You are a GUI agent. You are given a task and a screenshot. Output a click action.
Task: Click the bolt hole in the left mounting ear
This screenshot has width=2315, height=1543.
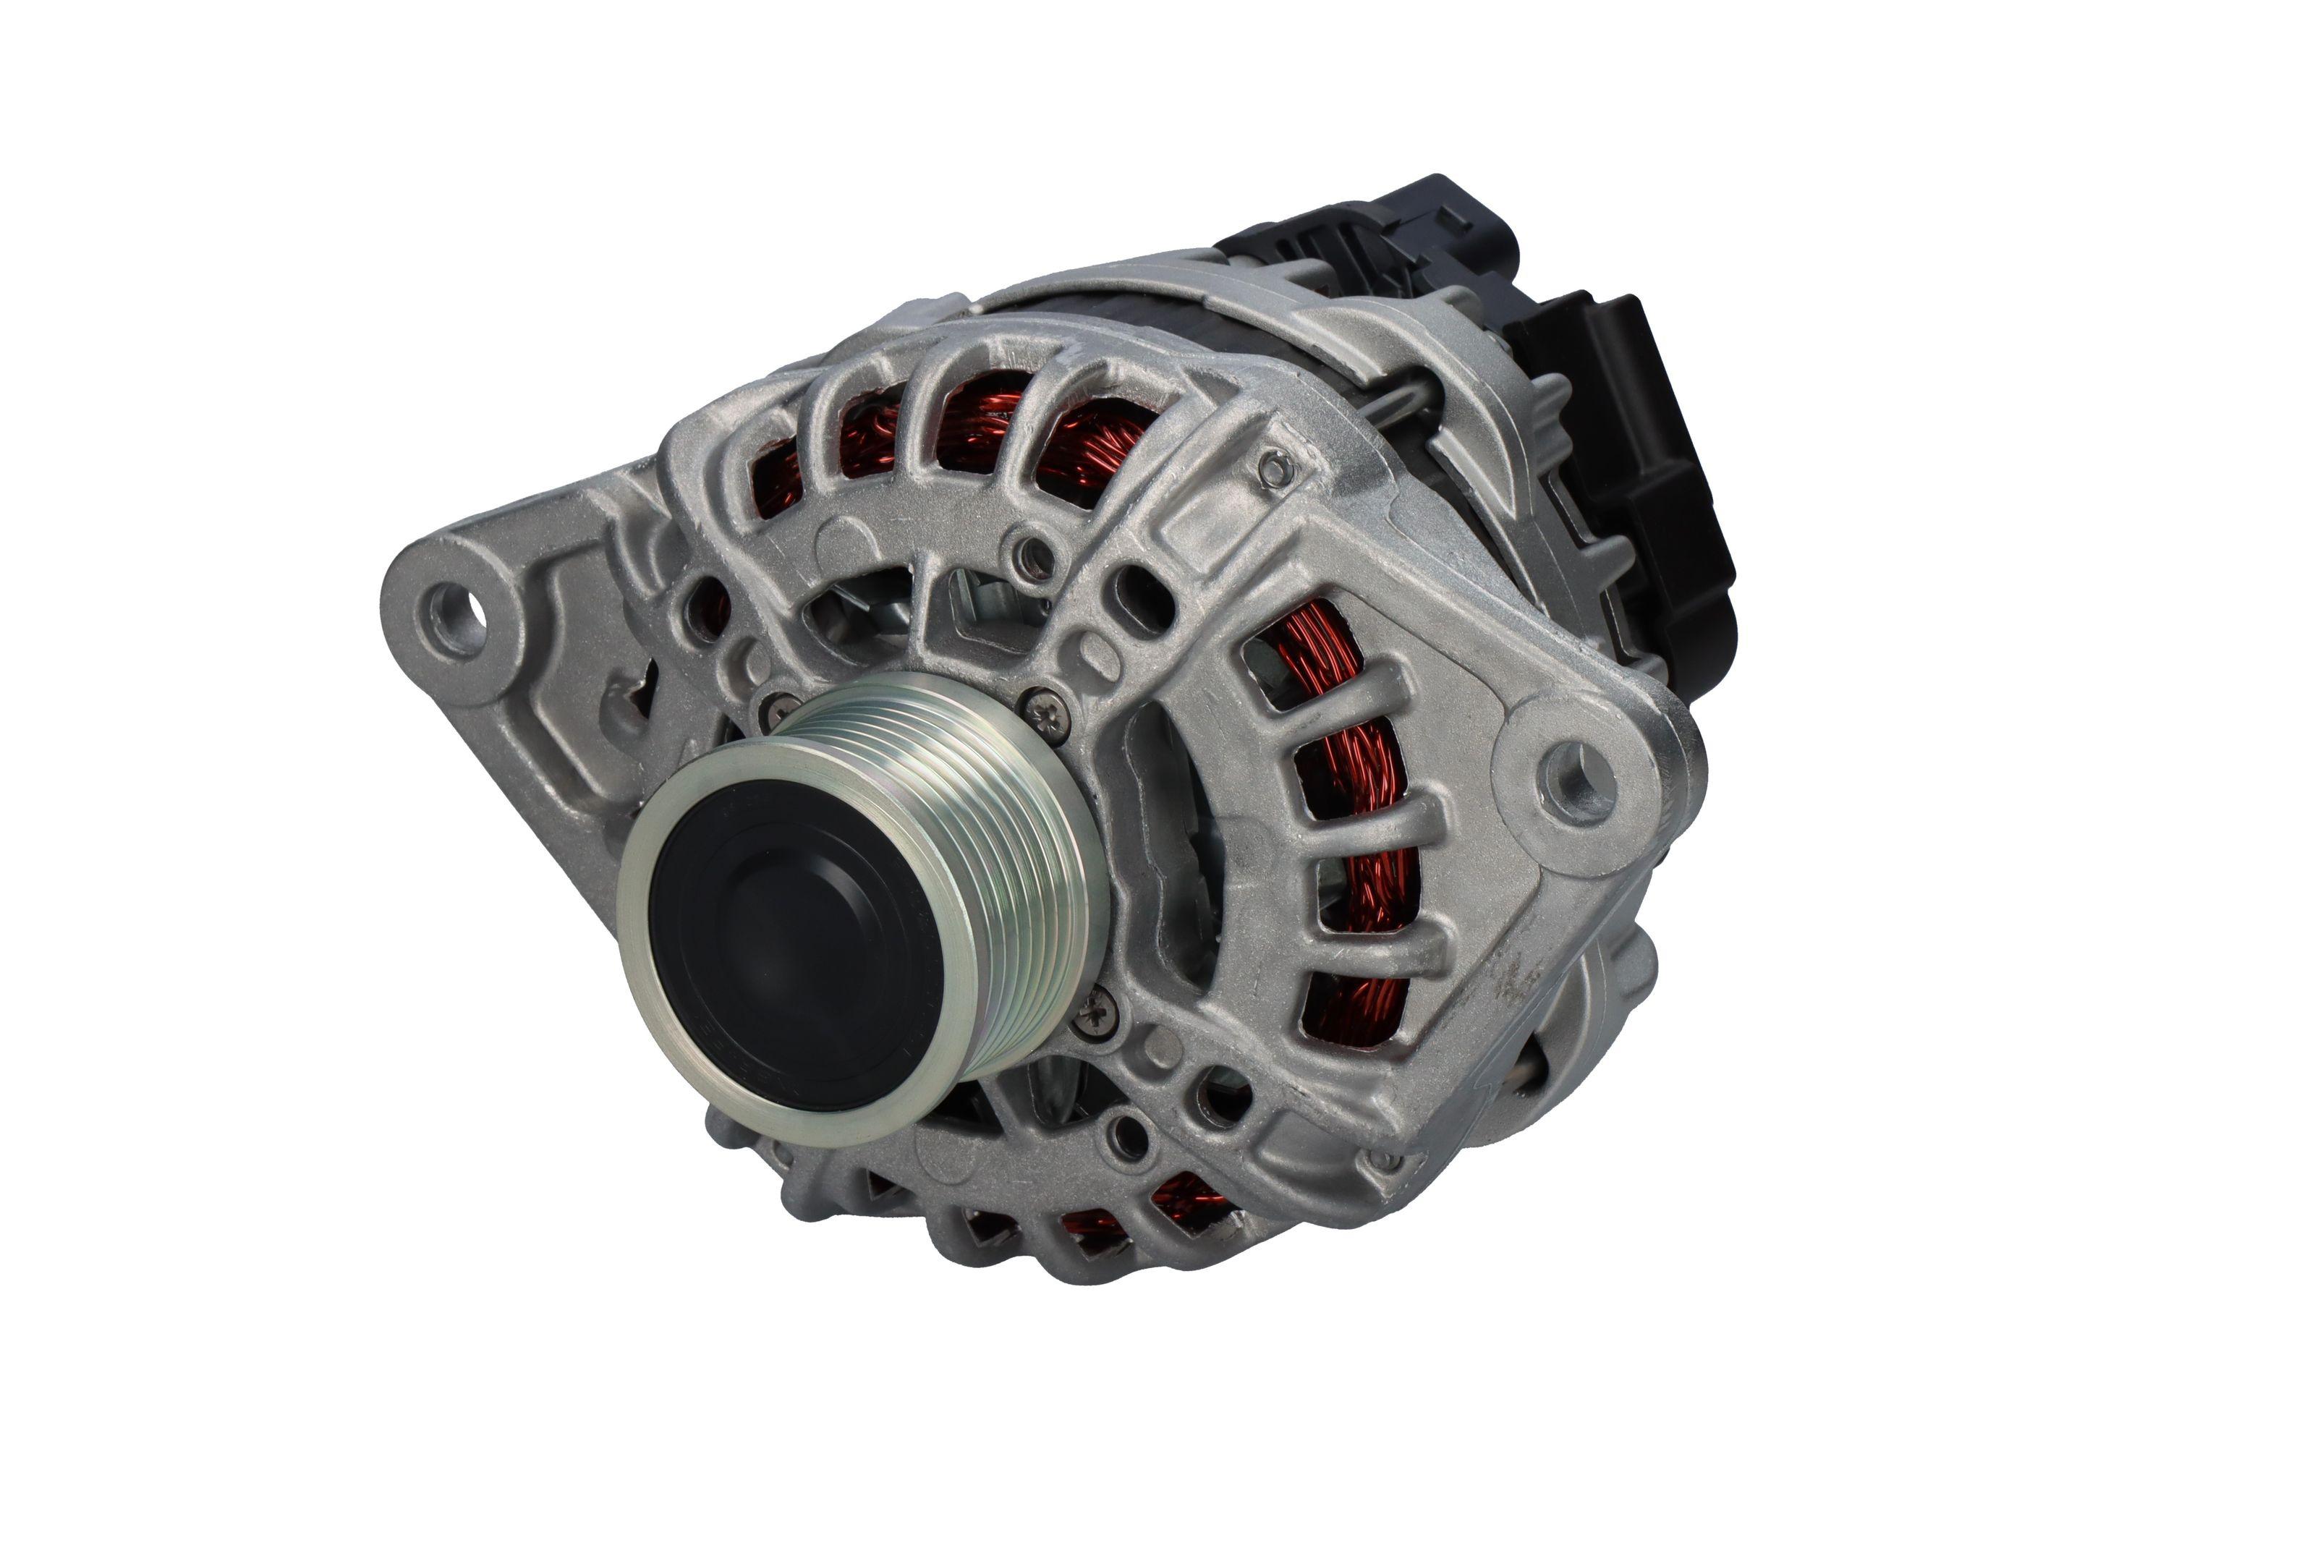coord(456,607)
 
